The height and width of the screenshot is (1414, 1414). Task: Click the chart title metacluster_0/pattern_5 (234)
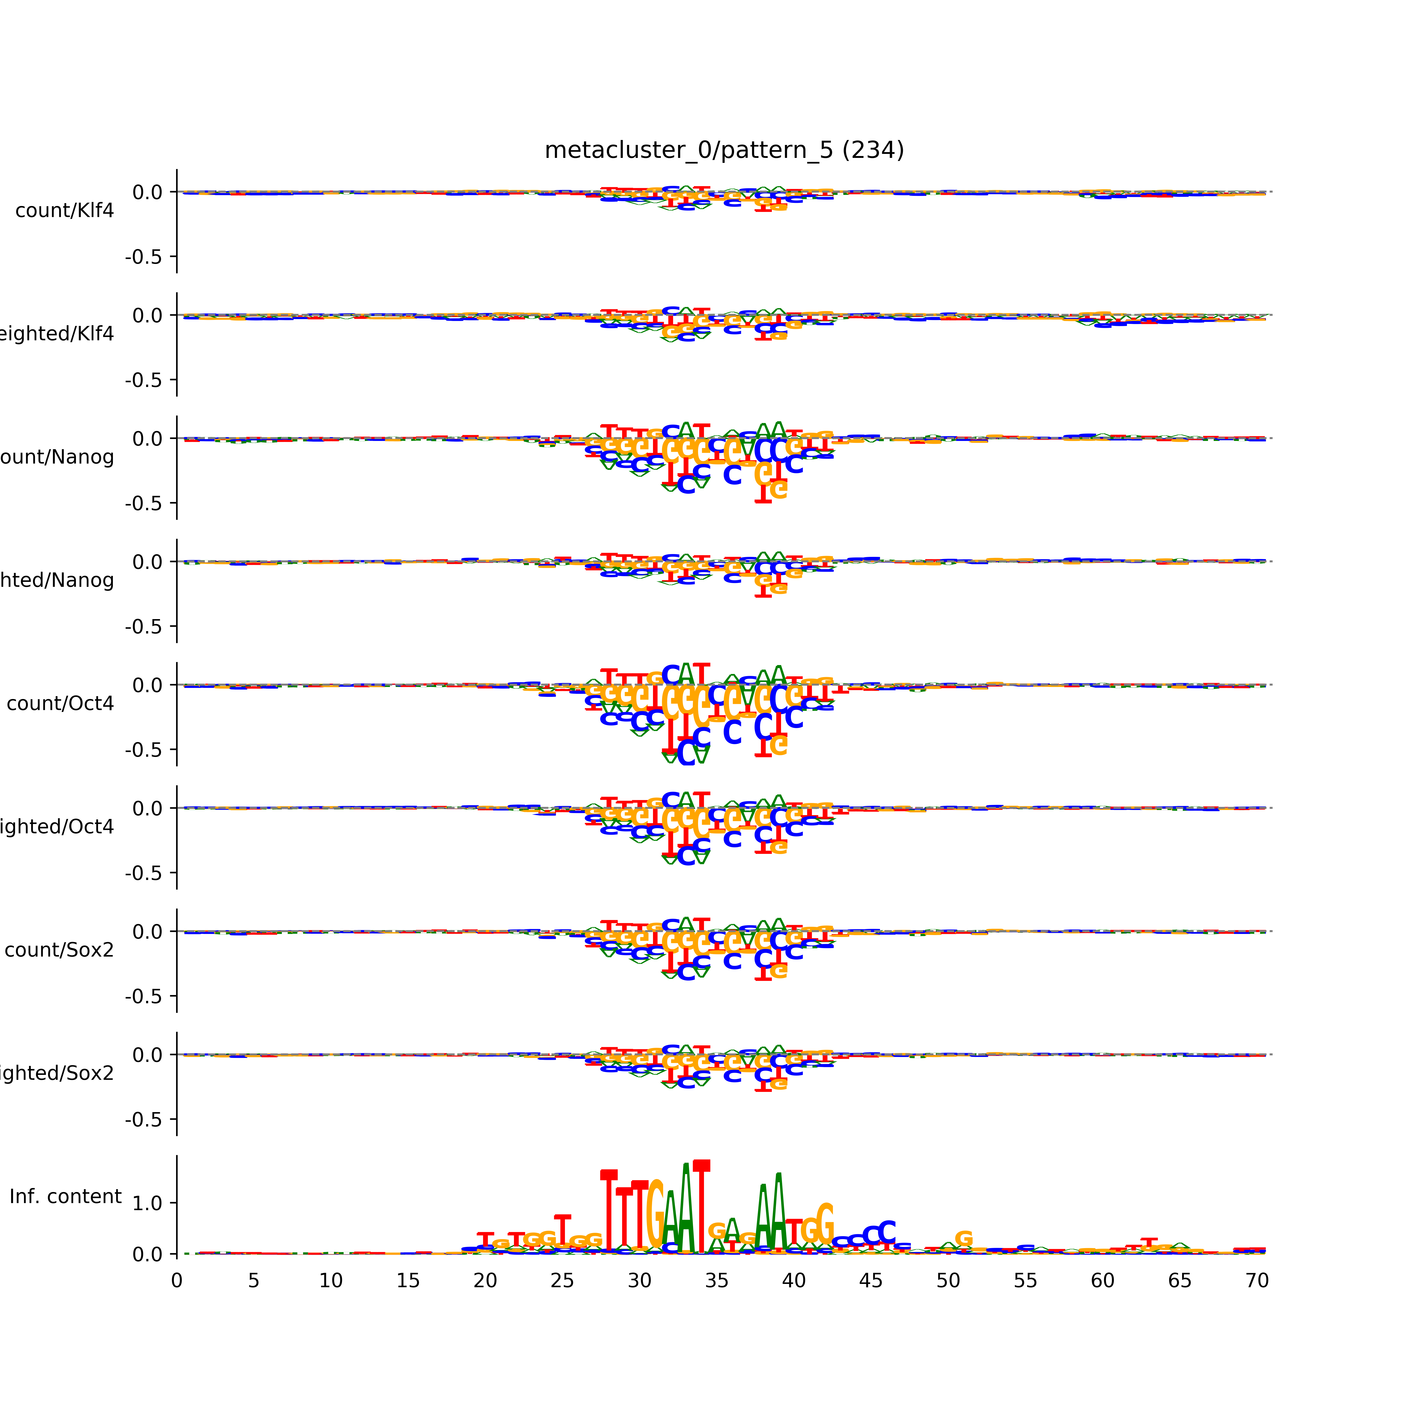pyautogui.click(x=724, y=150)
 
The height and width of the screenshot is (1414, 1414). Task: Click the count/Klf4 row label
pyautogui.click(x=64, y=211)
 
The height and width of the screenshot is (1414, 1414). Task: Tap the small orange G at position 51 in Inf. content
pyautogui.click(x=964, y=1238)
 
